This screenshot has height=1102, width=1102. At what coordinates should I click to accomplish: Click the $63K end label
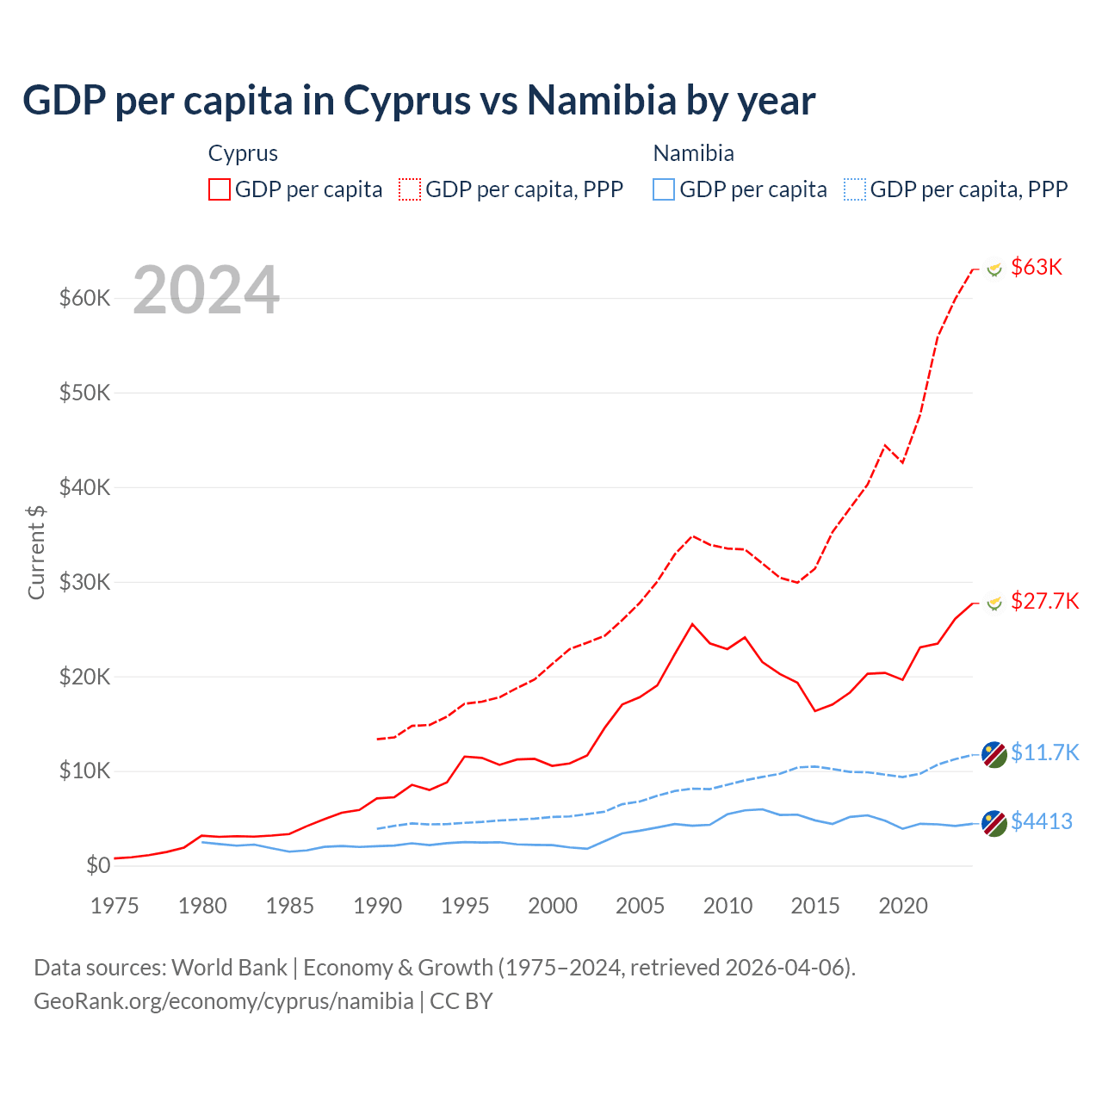[1037, 267]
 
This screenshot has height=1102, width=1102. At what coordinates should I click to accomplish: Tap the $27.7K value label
[1044, 601]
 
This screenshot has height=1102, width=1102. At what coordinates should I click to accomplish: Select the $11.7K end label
[1044, 752]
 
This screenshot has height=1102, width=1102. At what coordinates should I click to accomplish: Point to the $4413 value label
[1042, 821]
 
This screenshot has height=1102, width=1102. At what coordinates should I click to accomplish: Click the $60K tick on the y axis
[85, 299]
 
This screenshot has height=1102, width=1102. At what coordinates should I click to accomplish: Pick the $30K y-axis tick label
[85, 582]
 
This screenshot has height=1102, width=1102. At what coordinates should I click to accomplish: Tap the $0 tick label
[98, 865]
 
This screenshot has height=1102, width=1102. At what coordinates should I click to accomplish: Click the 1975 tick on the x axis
[115, 906]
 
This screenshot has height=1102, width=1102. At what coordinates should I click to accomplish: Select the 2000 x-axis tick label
[553, 906]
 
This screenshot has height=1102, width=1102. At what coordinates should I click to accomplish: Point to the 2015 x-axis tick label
[815, 906]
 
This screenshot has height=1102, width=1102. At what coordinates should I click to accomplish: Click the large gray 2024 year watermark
[207, 290]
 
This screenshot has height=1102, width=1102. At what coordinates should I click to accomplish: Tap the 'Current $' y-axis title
[36, 552]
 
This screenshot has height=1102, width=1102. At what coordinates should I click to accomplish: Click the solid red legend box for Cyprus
[220, 189]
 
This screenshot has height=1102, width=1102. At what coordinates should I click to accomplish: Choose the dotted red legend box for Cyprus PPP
[410, 189]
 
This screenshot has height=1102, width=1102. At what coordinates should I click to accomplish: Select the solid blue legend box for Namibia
[664, 189]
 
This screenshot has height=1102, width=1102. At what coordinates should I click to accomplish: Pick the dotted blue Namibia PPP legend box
[855, 189]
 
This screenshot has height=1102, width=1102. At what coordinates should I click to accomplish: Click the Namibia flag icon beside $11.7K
[994, 754]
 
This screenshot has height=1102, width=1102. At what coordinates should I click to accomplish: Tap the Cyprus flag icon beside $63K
[994, 269]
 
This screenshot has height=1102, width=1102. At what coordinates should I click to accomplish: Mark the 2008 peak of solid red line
[692, 624]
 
